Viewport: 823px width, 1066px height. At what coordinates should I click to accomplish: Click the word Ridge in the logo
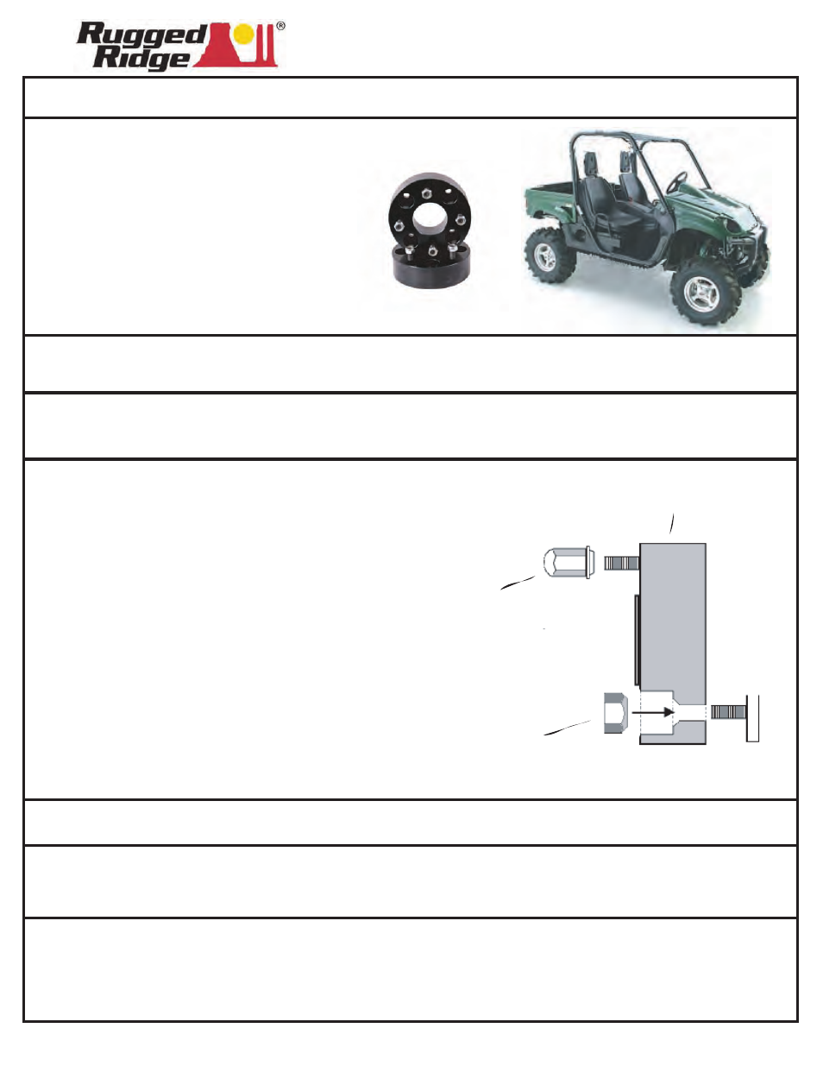click(141, 58)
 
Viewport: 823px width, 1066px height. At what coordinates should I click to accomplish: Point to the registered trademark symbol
click(280, 26)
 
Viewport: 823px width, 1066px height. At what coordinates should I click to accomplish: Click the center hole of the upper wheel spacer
click(430, 218)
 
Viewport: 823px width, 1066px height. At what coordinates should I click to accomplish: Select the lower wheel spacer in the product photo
click(430, 268)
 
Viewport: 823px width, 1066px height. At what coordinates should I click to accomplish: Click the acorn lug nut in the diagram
click(567, 563)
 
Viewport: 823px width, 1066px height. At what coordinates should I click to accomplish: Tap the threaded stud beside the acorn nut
click(620, 563)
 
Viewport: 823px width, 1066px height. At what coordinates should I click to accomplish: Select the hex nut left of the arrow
click(613, 713)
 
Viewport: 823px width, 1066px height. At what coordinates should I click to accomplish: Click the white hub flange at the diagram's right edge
click(752, 718)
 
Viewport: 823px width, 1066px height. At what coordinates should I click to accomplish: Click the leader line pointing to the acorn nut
click(518, 583)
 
